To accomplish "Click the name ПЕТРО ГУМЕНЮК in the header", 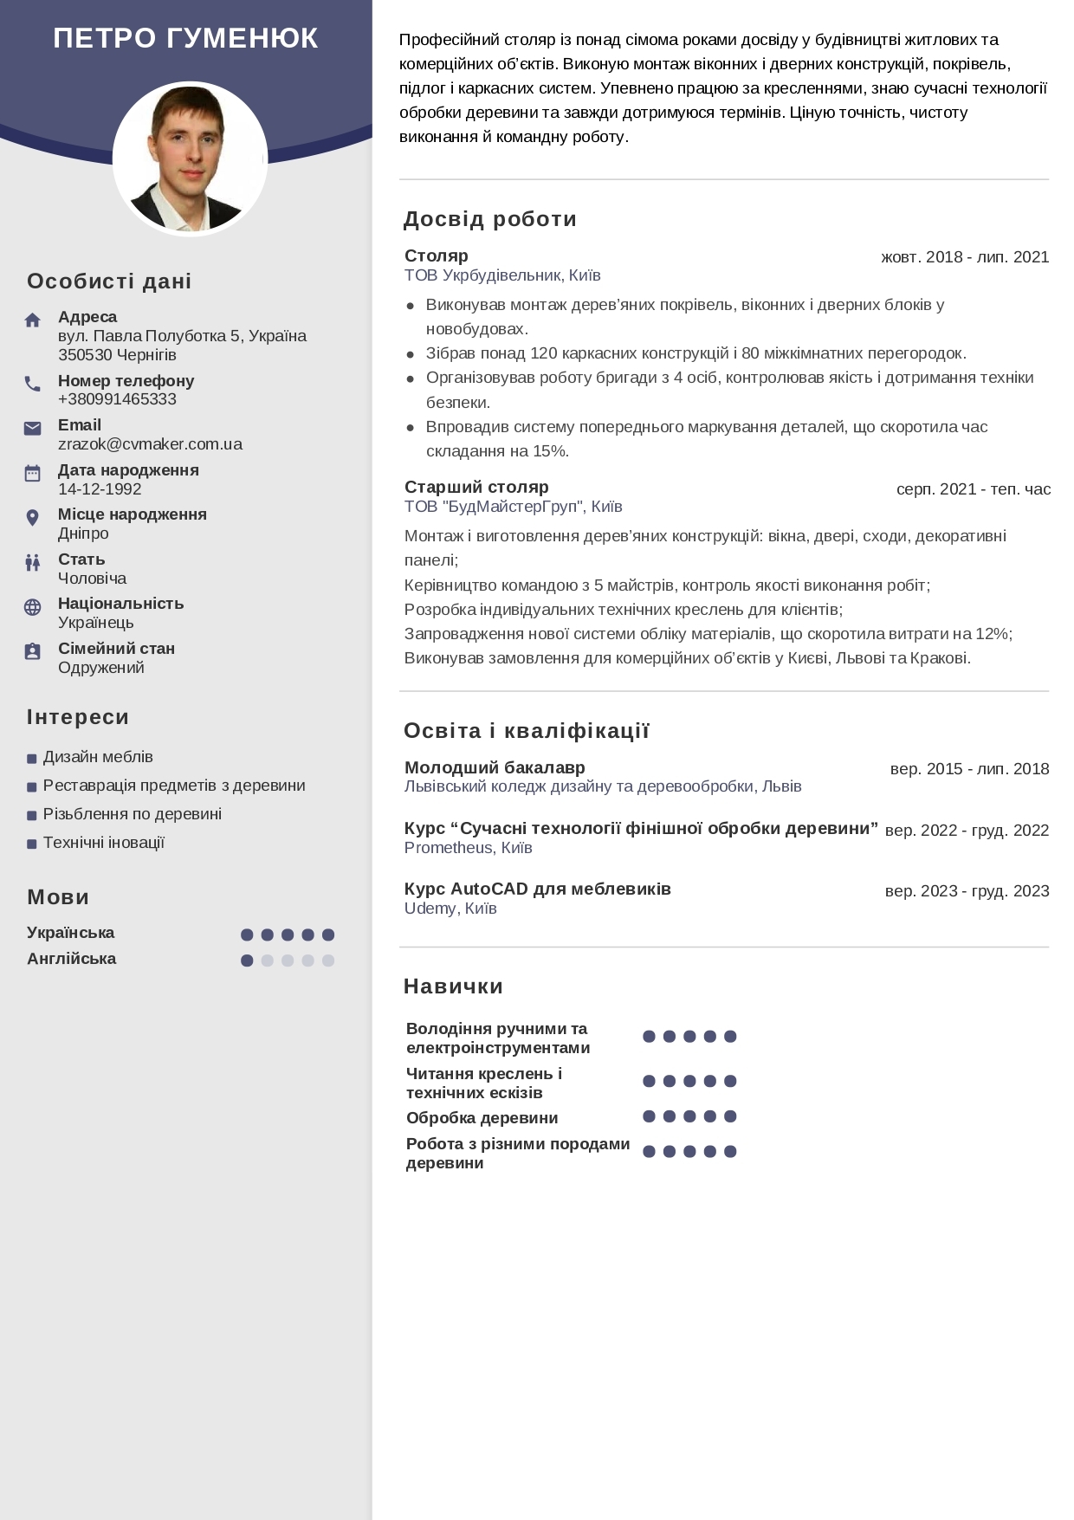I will pos(185,38).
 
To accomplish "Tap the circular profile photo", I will pos(190,158).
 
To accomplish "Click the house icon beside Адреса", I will pos(33,320).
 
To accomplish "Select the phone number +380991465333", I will pos(117,399).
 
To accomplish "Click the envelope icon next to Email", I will pos(33,428).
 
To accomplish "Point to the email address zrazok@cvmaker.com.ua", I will pos(150,444).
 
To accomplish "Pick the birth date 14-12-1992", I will pos(100,489).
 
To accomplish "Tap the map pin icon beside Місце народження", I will pos(33,518).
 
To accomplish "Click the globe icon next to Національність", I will pos(33,607).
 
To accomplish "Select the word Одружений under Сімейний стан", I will pos(101,668).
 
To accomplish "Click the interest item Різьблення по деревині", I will pos(133,814).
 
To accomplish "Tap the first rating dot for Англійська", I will pos(247,961).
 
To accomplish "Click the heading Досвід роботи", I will pos(489,219).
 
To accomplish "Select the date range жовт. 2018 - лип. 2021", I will pos(964,257).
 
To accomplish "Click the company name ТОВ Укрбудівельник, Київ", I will pos(502,275).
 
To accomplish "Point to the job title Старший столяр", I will pos(476,487).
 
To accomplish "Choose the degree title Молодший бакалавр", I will pos(495,767).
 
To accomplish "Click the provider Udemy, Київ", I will pos(450,909).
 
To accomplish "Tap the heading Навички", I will pos(453,986).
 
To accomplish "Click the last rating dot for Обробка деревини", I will pos(730,1116).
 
